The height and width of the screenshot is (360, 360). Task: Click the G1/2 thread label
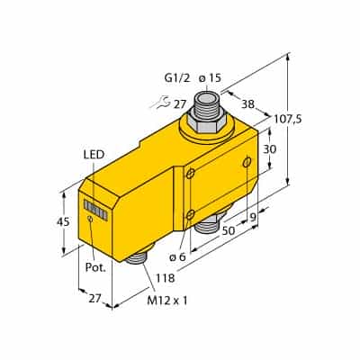(177, 78)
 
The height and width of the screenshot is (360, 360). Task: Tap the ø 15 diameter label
(210, 78)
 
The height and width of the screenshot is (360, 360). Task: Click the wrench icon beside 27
(159, 103)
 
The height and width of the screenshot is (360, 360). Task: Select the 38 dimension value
(247, 103)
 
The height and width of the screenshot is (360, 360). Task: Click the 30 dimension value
(269, 149)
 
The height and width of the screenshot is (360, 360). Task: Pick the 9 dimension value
(254, 217)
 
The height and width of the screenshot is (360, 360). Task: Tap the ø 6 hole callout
(177, 256)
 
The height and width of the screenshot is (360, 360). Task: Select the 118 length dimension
(165, 278)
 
